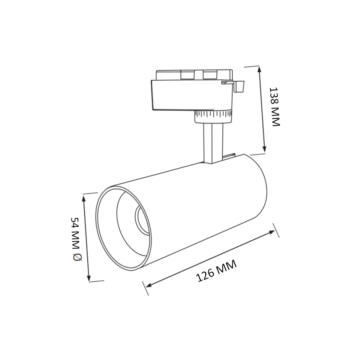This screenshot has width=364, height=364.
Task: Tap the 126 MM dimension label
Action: (x=216, y=271)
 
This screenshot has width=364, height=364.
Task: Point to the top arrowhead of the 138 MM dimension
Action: (x=259, y=69)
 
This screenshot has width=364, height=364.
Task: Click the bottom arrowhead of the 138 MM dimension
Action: (x=264, y=149)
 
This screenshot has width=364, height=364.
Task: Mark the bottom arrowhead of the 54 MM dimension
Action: (x=88, y=277)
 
